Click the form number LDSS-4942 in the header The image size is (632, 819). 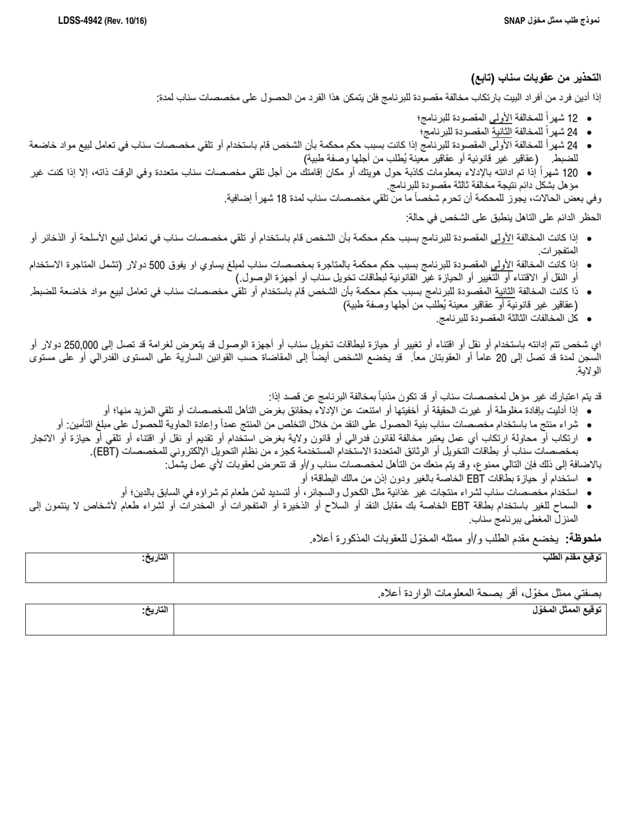[x=80, y=21]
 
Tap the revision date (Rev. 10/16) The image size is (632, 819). [x=124, y=21]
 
